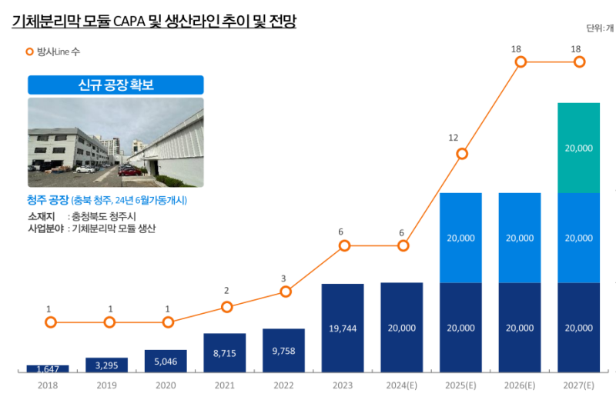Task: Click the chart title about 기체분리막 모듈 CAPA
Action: pyautogui.click(x=154, y=22)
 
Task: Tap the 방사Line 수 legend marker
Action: pyautogui.click(x=30, y=52)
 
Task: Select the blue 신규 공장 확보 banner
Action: pyautogui.click(x=115, y=85)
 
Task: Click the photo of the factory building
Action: pyautogui.click(x=115, y=142)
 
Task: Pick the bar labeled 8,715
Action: pyautogui.click(x=225, y=352)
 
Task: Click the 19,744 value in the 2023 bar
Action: pyautogui.click(x=343, y=328)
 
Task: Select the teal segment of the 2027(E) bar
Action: pyautogui.click(x=578, y=147)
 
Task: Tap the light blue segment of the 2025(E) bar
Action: pyautogui.click(x=460, y=238)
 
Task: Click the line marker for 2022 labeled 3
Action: pyautogui.click(x=286, y=292)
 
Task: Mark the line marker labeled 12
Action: pyautogui.click(x=462, y=154)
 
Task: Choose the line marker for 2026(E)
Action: pyautogui.click(x=521, y=62)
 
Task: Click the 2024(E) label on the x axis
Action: pyautogui.click(x=402, y=385)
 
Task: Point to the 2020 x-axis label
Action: pyautogui.click(x=166, y=385)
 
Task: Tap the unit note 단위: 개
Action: pyautogui.click(x=600, y=28)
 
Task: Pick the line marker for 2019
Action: pyautogui.click(x=109, y=322)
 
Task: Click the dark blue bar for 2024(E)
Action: pyautogui.click(x=402, y=328)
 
